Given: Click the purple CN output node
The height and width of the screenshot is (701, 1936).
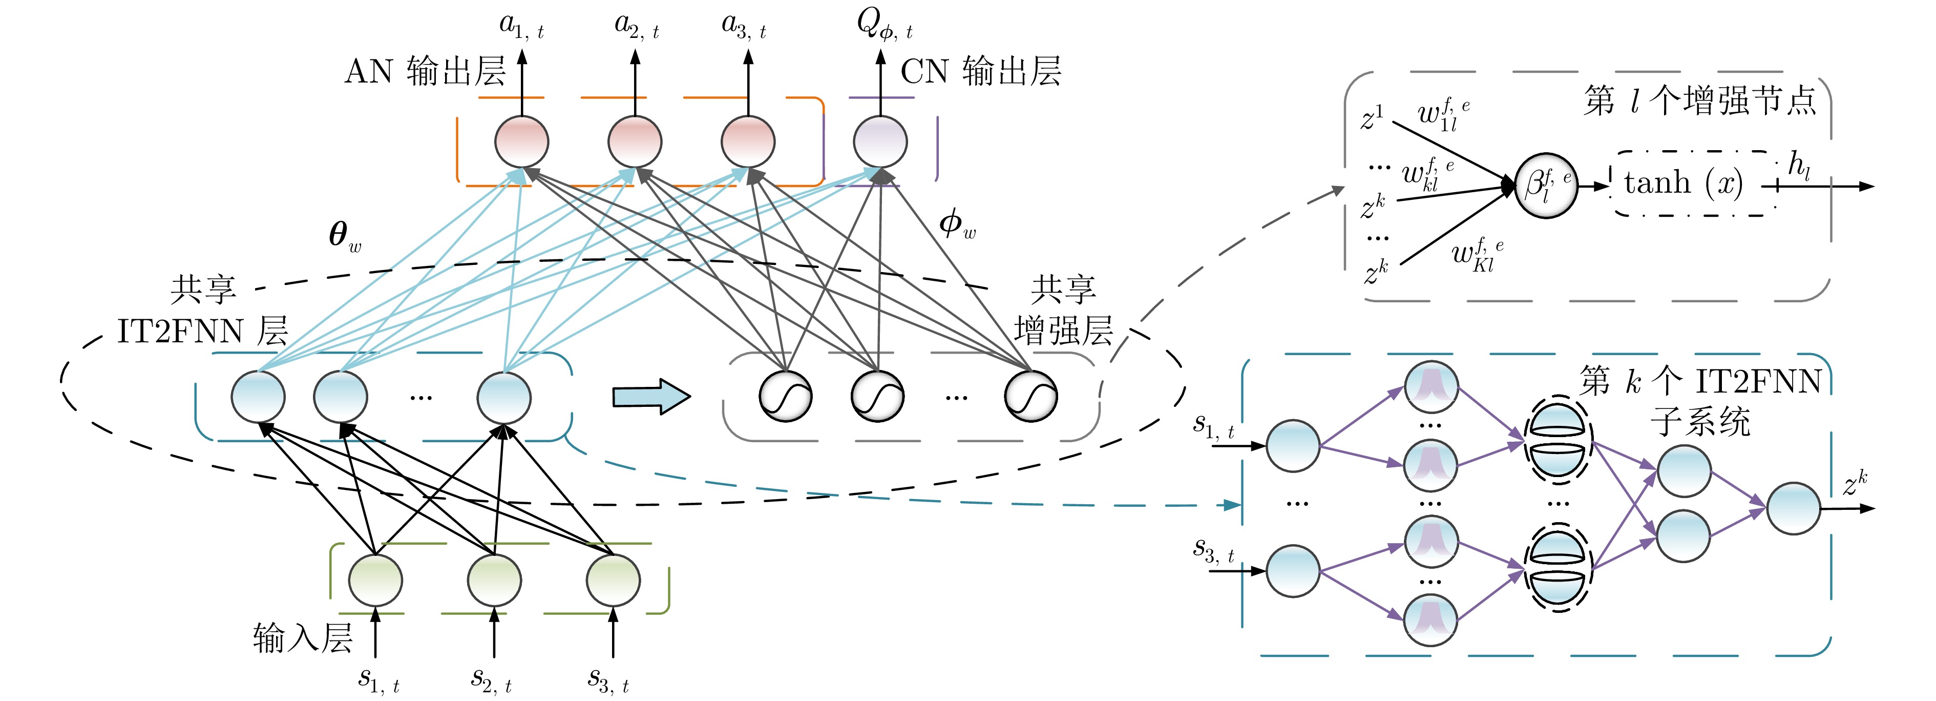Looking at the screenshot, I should (880, 141).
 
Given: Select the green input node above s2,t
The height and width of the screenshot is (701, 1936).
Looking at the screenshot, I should (494, 580).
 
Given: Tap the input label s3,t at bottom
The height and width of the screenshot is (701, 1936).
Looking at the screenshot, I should (608, 680).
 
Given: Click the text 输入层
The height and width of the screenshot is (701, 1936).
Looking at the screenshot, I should (302, 638).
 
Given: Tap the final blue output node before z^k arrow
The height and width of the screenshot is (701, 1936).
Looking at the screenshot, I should (1793, 508).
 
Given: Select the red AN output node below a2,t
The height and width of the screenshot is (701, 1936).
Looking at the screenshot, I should (634, 141).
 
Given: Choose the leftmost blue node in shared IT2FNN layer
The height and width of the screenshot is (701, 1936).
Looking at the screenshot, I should (258, 397).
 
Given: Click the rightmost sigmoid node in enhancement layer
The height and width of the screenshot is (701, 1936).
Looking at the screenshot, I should (1031, 397).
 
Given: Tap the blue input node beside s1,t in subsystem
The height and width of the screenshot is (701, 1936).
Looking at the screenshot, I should (1293, 446).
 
